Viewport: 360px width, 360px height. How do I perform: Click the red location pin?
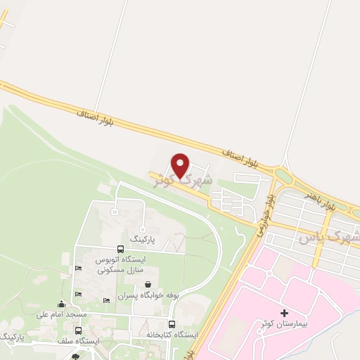pyautogui.click(x=181, y=165)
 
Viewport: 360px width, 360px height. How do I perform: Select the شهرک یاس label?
pyautogui.click(x=328, y=238)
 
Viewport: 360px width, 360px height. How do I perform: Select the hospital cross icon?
pyautogui.click(x=284, y=312)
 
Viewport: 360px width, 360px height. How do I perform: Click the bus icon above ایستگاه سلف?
pyautogui.click(x=79, y=330)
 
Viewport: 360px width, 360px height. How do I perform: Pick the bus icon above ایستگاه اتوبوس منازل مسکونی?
pyautogui.click(x=122, y=250)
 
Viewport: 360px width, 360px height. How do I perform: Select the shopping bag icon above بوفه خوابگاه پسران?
pyautogui.click(x=148, y=285)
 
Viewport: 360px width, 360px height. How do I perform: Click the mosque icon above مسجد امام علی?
pyautogui.click(x=62, y=304)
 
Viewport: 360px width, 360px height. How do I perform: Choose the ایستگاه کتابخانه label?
pyautogui.click(x=173, y=333)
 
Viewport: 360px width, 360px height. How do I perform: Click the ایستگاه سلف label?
pyautogui.click(x=78, y=341)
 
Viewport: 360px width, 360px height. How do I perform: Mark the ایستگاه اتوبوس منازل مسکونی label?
pyautogui.click(x=120, y=264)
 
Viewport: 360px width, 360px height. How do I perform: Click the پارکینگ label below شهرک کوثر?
pyautogui.click(x=142, y=239)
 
